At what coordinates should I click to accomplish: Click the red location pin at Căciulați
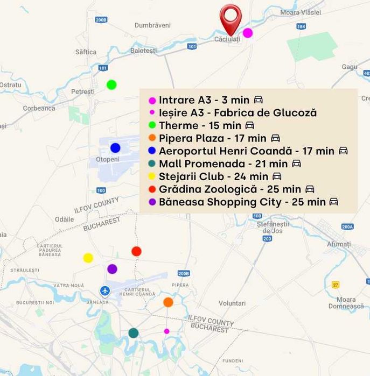click(231, 17)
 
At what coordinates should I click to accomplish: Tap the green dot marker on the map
click(111, 84)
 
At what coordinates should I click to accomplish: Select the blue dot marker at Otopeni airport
click(115, 148)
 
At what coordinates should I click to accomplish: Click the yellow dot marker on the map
click(88, 258)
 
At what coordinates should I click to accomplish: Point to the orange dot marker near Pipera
click(168, 302)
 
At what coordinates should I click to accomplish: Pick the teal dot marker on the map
click(133, 333)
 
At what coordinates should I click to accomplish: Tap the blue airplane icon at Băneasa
click(105, 291)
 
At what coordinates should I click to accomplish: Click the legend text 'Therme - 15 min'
click(200, 125)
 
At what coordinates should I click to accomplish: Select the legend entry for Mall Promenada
click(223, 164)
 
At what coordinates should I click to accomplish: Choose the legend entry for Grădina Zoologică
click(229, 189)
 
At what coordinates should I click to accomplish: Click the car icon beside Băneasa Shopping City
click(334, 202)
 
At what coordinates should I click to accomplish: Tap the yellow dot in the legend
click(152, 177)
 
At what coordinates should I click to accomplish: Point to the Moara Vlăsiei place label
click(301, 12)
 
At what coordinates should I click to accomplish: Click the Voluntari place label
click(232, 303)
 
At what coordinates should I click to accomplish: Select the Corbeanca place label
click(39, 108)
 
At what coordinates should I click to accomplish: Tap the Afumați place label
click(339, 244)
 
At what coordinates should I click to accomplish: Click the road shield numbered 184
click(301, 26)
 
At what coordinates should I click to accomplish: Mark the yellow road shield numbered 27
click(336, 285)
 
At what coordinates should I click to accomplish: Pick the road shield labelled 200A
click(347, 226)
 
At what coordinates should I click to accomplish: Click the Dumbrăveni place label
click(152, 25)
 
